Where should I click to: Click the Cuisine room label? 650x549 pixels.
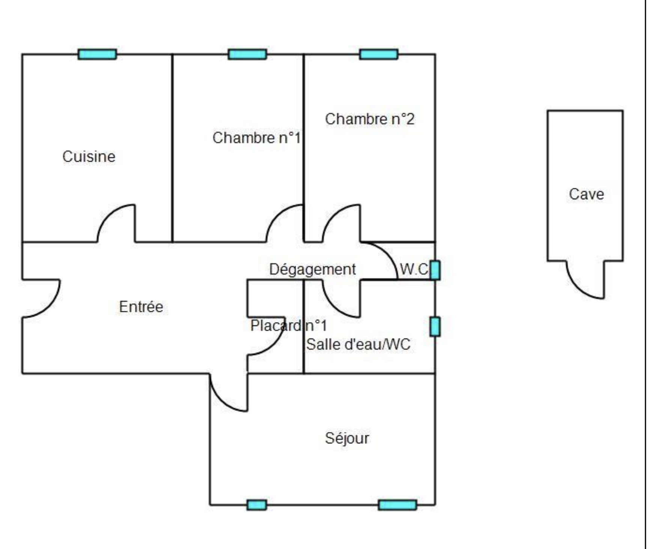pos(89,157)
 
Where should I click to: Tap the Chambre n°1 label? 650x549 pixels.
pos(257,138)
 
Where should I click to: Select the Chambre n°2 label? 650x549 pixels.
pos(370,119)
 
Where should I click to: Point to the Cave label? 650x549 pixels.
pos(586,194)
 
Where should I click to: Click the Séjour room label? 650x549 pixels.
pos(347,438)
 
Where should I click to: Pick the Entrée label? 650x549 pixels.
pos(141,307)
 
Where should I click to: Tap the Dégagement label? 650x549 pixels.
pos(312,269)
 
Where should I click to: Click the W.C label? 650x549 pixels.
pos(414,269)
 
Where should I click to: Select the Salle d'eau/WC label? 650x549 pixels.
pos(358,344)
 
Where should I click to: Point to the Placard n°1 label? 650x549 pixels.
pos(289,325)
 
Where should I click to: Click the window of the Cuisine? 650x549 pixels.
pos(97,54)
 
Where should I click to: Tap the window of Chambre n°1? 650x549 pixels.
pos(247,54)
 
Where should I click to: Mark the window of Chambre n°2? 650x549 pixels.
pos(379,54)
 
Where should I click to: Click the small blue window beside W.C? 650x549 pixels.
pos(435,270)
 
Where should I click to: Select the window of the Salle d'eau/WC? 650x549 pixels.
pos(435,326)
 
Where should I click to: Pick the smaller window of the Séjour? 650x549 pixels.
pos(257,505)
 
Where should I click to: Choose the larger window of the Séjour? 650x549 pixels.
pos(397,505)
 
